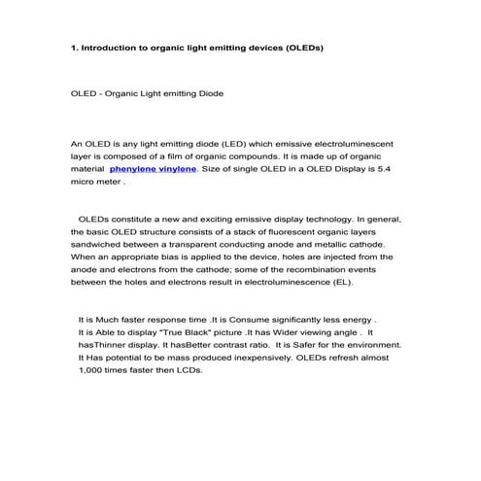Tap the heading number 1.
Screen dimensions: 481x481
click(x=74, y=47)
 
